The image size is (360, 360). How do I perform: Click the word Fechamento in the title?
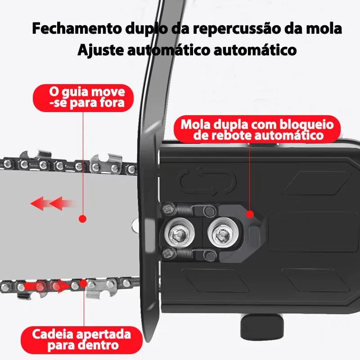tap(76, 28)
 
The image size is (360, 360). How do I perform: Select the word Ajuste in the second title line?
tap(100, 50)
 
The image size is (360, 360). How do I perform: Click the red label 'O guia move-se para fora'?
tap(83, 98)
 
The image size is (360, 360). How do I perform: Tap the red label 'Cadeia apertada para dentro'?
tap(81, 340)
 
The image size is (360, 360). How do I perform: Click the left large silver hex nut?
tap(180, 233)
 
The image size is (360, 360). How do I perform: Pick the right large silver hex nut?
tap(223, 232)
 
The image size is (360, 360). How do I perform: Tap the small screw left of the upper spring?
tap(168, 209)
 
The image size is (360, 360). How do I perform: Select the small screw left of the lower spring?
tap(168, 253)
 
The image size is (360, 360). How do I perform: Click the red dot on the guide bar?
tap(82, 219)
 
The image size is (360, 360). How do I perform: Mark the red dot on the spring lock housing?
tap(250, 214)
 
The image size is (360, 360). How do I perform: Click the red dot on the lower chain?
tap(83, 283)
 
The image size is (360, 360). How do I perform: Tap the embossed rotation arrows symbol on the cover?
tap(208, 181)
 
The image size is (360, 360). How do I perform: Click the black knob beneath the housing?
tap(262, 327)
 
